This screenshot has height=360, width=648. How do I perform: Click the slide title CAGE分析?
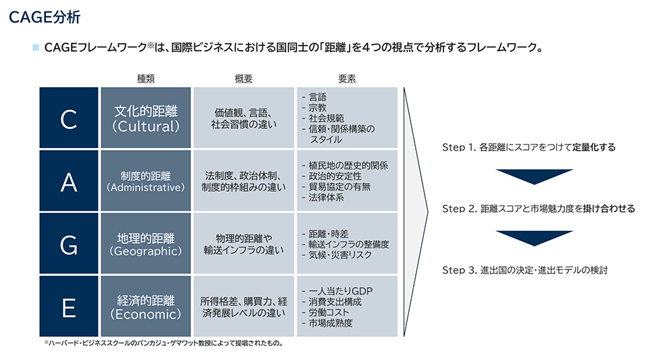pos(45,18)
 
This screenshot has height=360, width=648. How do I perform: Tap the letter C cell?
pos(69,118)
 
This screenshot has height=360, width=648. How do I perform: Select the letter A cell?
pos(69,180)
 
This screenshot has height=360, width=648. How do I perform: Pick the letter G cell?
pos(69,243)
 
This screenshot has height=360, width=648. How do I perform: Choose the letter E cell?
pos(69,306)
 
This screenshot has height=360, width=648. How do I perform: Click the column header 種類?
pos(146,78)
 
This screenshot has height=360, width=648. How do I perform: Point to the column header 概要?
pos(244,78)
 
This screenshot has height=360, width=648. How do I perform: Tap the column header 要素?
pos(347,78)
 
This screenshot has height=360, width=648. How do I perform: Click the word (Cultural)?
pos(146,126)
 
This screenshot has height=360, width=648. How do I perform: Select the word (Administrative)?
pos(146,188)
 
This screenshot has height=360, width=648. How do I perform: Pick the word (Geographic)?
pos(146,251)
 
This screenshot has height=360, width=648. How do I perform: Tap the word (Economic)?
pos(146,314)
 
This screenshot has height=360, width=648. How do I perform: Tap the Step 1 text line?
pos(529,147)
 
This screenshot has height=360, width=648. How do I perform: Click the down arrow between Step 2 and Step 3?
pos(535,238)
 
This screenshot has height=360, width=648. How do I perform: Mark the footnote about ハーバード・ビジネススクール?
pos(163,343)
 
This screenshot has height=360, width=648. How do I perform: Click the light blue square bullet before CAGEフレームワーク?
pos(36,47)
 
